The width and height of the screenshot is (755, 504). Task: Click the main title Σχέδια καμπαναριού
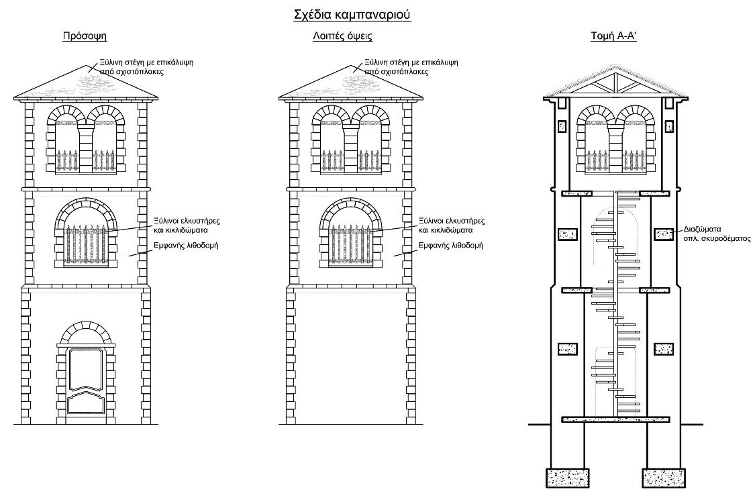pos(352,15)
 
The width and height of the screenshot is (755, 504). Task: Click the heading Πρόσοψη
pos(85,36)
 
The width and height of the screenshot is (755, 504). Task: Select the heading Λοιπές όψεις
pos(342,36)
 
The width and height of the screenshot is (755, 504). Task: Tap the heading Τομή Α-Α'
pos(614,36)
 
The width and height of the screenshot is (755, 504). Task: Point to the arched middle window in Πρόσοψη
pos(86,233)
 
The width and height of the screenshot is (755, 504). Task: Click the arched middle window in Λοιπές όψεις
pos(350,233)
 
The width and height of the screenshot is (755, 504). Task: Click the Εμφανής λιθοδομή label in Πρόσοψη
pos(186,246)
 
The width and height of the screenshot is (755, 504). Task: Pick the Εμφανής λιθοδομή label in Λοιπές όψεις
pos(451,246)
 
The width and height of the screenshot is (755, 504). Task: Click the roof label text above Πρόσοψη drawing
pos(146,67)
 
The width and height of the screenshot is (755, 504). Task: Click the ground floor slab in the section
pos(615,419)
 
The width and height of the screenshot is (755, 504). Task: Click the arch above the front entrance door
pos(86,331)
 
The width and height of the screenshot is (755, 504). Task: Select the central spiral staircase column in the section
pos(615,303)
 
